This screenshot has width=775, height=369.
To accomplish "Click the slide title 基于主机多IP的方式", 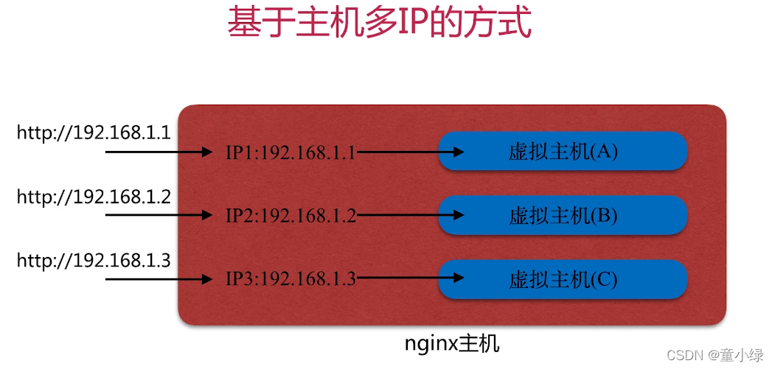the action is click(378, 24).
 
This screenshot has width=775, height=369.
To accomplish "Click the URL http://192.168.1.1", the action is click(94, 133).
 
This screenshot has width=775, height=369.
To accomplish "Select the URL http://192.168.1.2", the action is click(94, 197).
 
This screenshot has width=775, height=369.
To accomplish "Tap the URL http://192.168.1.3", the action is click(94, 261).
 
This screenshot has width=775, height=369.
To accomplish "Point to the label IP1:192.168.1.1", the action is click(291, 152).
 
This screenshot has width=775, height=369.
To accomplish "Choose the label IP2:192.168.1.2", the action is click(291, 216).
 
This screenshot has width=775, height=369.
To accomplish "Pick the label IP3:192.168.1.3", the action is click(291, 279).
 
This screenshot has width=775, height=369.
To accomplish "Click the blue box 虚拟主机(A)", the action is click(563, 152).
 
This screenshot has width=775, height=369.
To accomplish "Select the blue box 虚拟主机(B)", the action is click(563, 215).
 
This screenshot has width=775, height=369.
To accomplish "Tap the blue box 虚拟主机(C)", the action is click(563, 279).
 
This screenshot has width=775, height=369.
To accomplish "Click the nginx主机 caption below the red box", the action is click(452, 344).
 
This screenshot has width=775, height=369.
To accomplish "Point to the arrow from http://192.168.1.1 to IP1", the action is click(159, 152).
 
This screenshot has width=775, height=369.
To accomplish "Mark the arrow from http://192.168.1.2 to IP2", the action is click(159, 216).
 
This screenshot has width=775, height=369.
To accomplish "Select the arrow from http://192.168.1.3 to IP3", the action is click(159, 279).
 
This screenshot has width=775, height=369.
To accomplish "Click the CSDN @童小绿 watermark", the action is click(715, 355).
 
